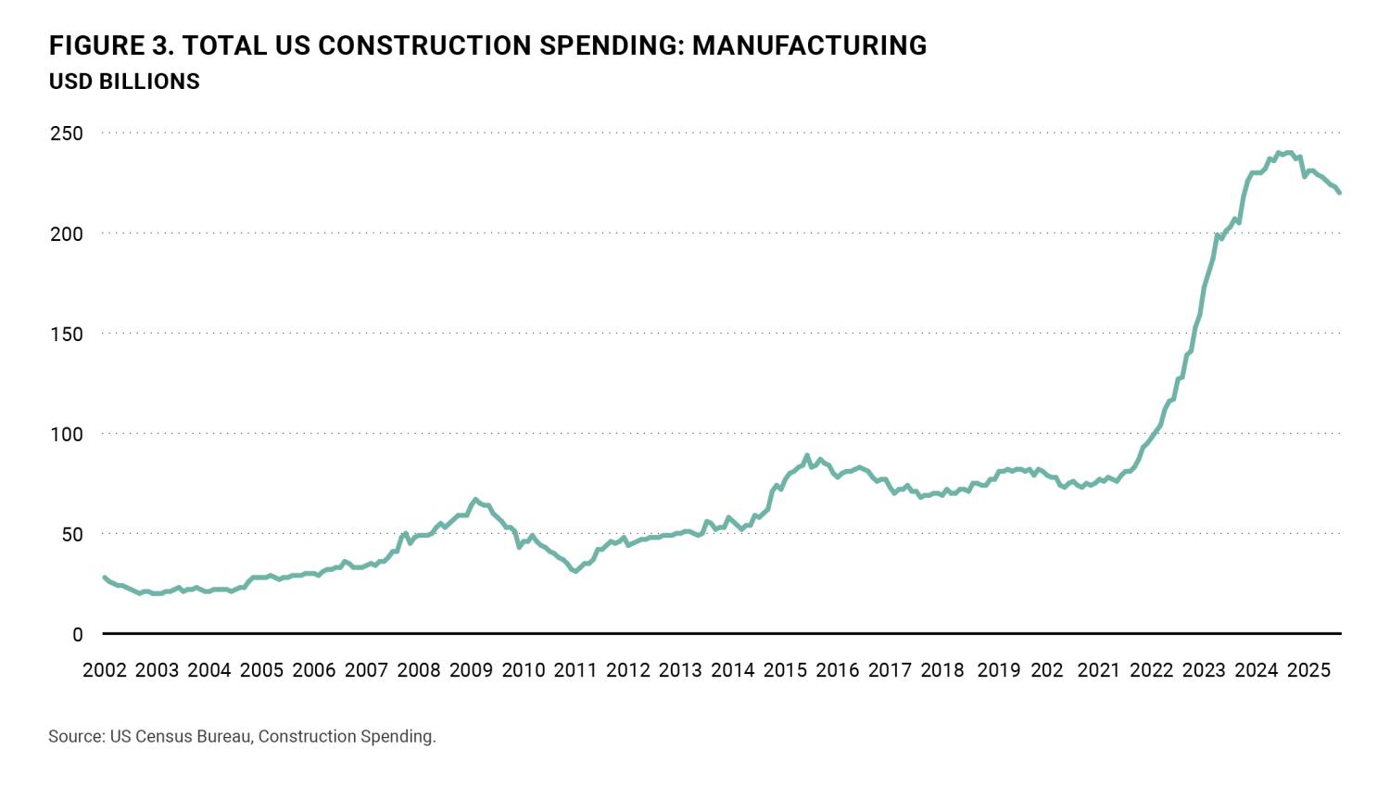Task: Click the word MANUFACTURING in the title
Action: click(x=809, y=45)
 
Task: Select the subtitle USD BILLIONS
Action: click(x=124, y=82)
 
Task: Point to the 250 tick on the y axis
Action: click(x=66, y=133)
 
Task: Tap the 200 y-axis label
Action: click(x=66, y=234)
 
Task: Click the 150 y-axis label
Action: click(x=66, y=334)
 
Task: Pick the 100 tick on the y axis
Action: click(x=66, y=434)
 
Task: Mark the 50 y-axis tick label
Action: click(x=71, y=534)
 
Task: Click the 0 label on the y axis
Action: click(x=78, y=635)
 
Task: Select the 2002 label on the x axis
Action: click(x=105, y=670)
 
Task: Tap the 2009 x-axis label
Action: click(x=471, y=670)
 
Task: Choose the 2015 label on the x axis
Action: click(x=785, y=670)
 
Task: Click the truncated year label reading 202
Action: click(x=1047, y=670)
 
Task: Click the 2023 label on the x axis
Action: click(x=1204, y=670)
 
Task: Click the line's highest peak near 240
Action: click(x=1289, y=152)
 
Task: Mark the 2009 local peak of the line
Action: click(x=475, y=499)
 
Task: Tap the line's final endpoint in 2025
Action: click(x=1339, y=193)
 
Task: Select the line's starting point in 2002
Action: click(x=104, y=577)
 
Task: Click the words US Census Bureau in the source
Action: click(x=180, y=737)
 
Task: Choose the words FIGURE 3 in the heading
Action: click(x=105, y=45)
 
